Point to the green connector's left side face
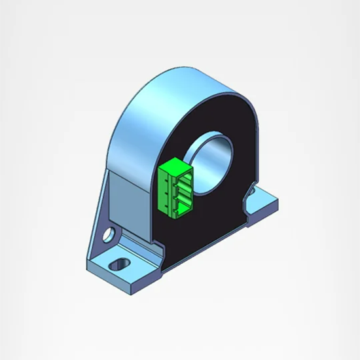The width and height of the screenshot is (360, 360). tap(168, 192)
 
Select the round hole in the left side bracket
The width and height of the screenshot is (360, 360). tap(109, 232)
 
